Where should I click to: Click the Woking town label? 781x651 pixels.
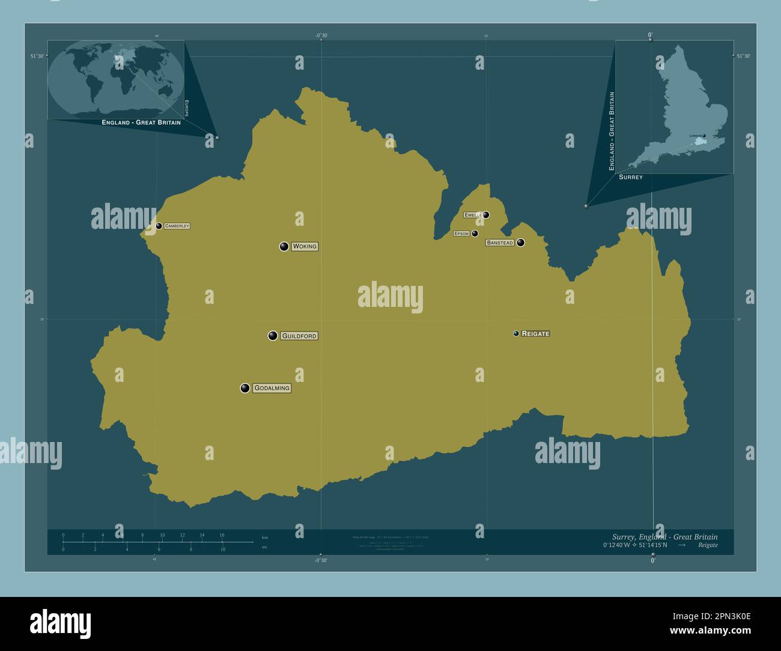(305, 246)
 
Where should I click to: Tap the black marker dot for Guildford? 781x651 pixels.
(273, 336)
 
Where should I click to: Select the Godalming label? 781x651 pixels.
(272, 388)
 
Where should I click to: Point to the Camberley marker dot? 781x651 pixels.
(159, 226)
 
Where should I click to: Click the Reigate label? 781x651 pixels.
(535, 333)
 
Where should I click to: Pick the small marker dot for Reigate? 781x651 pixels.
(516, 333)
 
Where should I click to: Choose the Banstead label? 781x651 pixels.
(500, 243)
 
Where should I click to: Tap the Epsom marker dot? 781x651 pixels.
(475, 234)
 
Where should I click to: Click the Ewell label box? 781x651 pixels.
(472, 214)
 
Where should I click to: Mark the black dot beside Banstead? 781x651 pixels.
(520, 243)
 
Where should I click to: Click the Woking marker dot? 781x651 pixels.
(284, 246)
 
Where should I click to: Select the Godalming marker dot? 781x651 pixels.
(245, 388)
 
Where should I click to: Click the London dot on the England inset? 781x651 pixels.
(704, 136)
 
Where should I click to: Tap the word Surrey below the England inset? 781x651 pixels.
(630, 177)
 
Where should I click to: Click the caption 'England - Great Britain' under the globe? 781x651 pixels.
(141, 123)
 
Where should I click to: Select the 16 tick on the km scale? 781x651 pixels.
(222, 535)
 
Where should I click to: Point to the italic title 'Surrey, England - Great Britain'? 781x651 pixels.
(664, 537)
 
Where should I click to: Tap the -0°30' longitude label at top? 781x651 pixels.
(321, 35)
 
